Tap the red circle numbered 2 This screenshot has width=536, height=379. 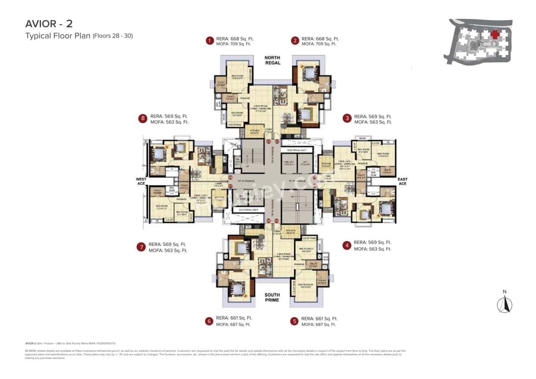(295, 41)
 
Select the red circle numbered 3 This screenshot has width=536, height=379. (347, 119)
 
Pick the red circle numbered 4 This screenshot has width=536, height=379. (346, 245)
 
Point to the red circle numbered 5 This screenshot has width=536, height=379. (294, 321)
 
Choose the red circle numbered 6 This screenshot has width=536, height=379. (209, 321)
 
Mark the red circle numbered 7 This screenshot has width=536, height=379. (141, 247)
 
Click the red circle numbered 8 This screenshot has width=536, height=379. (143, 119)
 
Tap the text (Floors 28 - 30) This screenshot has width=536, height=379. (113, 36)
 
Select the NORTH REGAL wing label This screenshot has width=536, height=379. (272, 60)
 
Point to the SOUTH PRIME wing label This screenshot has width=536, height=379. (272, 297)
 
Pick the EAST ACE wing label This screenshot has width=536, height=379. (403, 181)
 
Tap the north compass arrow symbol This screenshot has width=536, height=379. (505, 304)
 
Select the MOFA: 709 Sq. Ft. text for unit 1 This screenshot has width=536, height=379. (233, 44)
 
